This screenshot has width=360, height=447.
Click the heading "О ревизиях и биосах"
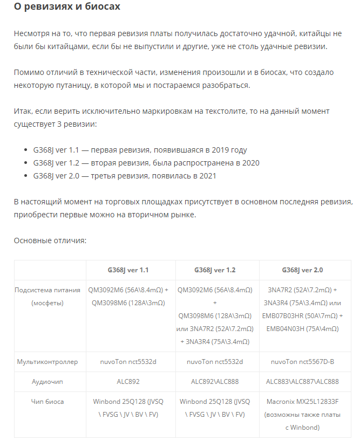pyautogui.click(x=67, y=8)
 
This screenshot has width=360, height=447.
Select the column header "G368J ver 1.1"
pyautogui.click(x=128, y=270)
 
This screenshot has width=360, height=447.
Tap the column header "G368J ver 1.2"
pyautogui.click(x=215, y=270)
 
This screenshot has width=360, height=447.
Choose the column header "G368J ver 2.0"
pyautogui.click(x=302, y=270)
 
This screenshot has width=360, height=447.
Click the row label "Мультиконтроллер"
pyautogui.click(x=47, y=362)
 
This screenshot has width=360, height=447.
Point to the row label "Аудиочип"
pyautogui.click(x=47, y=381)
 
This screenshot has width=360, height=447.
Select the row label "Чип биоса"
pyautogui.click(x=47, y=401)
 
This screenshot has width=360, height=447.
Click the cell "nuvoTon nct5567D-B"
pyautogui.click(x=302, y=362)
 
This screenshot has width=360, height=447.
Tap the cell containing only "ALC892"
pyautogui.click(x=128, y=381)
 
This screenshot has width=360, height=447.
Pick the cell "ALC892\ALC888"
pyautogui.click(x=215, y=381)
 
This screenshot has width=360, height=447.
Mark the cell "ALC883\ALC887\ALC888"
pyautogui.click(x=302, y=381)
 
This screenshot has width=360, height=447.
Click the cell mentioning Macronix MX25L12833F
pyautogui.click(x=302, y=414)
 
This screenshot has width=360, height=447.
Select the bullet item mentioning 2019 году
pyautogui.click(x=140, y=150)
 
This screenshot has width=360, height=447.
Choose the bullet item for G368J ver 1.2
pyautogui.click(x=146, y=163)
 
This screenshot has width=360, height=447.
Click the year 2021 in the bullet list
pyautogui.click(x=208, y=176)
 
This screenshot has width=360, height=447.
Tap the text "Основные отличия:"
pyautogui.click(x=50, y=240)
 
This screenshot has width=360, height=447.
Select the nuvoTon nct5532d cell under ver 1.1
pyautogui.click(x=128, y=362)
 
